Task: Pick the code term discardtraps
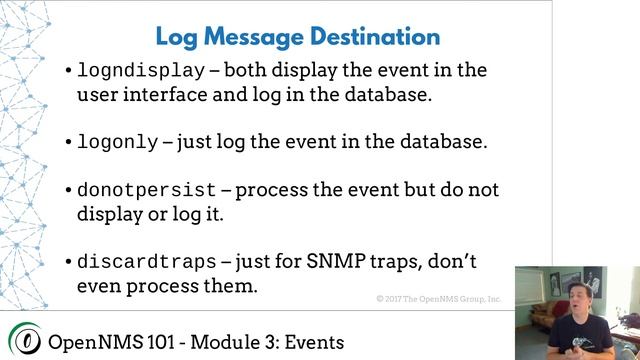(x=146, y=263)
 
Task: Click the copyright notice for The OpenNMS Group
(x=439, y=299)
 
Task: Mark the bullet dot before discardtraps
(x=67, y=263)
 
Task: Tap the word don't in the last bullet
(x=456, y=262)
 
